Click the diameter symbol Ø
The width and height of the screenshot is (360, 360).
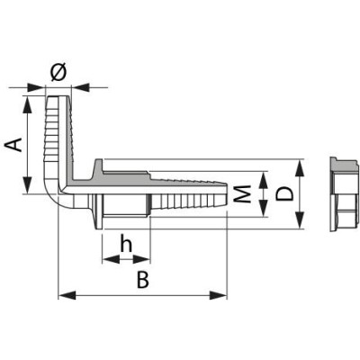[60, 72]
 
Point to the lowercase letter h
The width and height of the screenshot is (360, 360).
[127, 243]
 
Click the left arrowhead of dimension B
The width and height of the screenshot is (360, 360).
[63, 294]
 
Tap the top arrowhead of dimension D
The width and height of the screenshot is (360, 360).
[303, 166]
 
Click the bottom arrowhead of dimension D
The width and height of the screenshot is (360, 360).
[303, 225]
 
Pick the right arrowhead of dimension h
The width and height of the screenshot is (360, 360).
[145, 258]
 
